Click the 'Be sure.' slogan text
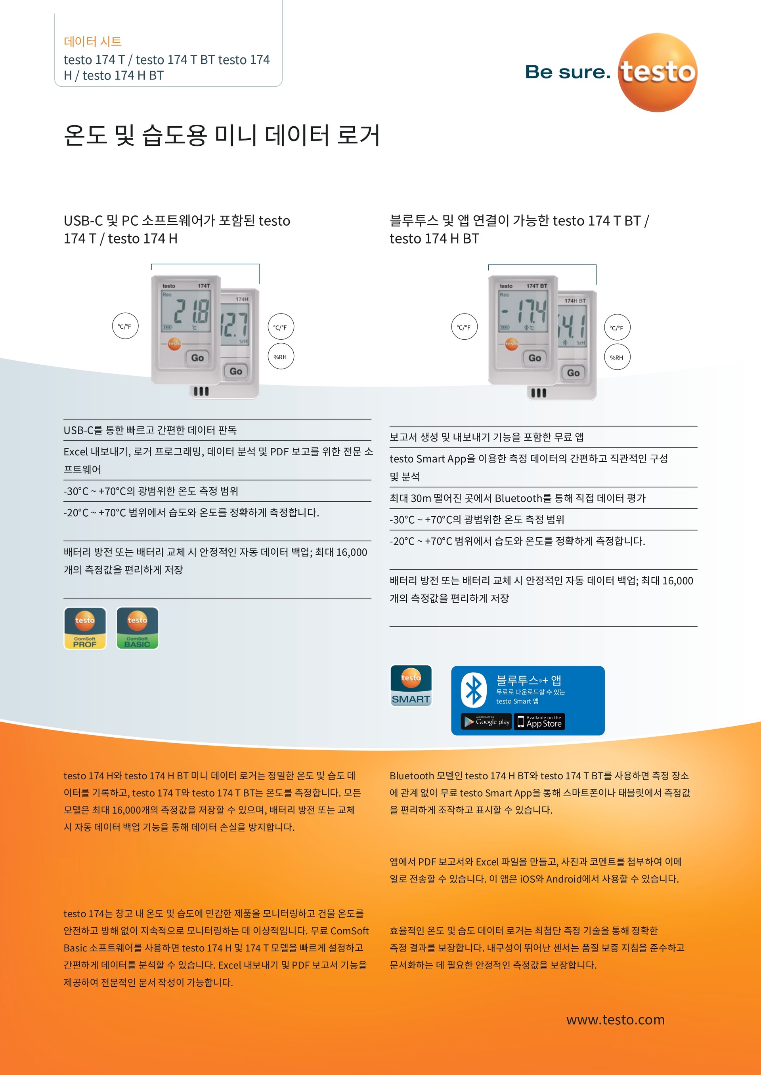point(568,72)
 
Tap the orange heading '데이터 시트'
point(93,42)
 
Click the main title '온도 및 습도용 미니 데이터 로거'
point(222,135)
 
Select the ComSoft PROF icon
point(85,628)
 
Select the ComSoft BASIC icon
point(137,628)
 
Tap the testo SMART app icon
point(411,685)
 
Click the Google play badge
point(486,721)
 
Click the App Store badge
point(539,721)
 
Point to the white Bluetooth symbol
point(473,690)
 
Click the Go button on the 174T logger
point(197,358)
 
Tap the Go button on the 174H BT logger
point(573,373)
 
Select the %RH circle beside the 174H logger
point(280,357)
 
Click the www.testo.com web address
point(615,1019)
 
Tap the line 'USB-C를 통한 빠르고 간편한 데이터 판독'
point(150,430)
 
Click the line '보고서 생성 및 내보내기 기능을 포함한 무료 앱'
point(486,437)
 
